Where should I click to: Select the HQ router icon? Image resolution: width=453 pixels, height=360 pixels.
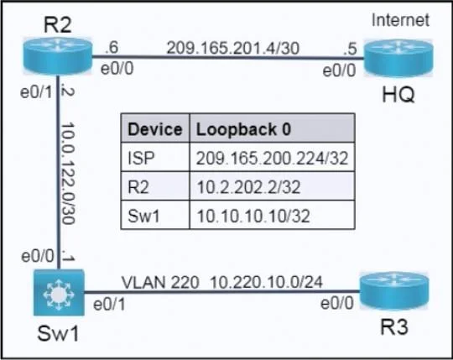[398, 58]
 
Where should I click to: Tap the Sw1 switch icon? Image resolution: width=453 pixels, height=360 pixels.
[59, 293]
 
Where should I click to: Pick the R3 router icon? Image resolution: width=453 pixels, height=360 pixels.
[394, 291]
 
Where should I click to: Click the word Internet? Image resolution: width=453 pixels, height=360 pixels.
[400, 20]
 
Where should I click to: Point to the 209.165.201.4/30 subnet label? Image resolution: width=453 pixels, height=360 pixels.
[233, 48]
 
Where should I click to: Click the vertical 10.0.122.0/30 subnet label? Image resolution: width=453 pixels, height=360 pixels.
[69, 174]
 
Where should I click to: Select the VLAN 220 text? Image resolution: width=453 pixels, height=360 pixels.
[160, 282]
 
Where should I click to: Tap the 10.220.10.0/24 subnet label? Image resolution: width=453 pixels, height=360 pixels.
[266, 282]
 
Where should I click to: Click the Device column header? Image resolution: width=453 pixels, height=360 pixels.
[155, 129]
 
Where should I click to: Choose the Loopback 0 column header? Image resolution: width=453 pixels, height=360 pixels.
[243, 129]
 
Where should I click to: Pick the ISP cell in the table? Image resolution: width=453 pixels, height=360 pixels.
[141, 158]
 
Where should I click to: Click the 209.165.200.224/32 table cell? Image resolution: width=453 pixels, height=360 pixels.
[272, 159]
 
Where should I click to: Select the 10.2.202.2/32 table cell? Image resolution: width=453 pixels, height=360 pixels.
[248, 187]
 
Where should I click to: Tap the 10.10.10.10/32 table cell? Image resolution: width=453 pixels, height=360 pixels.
[253, 217]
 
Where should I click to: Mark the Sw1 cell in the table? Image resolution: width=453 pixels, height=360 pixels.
[143, 217]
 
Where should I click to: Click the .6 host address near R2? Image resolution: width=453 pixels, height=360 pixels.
[112, 48]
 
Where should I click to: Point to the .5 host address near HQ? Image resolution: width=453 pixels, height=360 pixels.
[351, 50]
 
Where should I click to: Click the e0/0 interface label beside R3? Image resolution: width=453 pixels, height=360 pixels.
[337, 304]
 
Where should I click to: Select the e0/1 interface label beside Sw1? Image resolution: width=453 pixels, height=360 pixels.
[110, 305]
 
